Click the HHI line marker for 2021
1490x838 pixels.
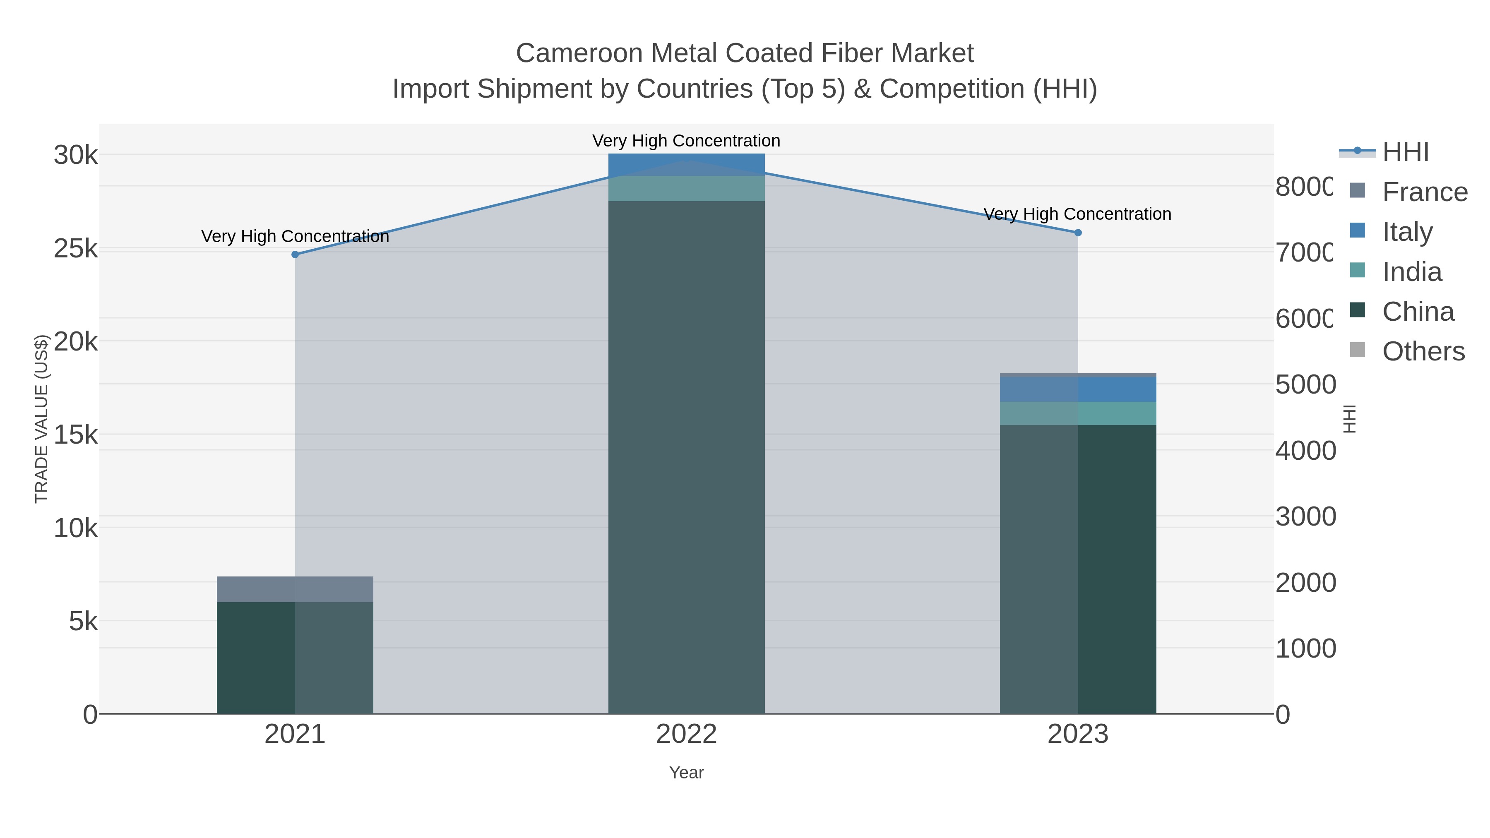[295, 255]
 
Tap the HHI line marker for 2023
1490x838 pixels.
[1078, 233]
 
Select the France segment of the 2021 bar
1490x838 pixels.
[295, 589]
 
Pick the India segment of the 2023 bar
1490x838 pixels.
[1078, 413]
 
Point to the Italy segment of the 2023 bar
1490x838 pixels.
[1078, 389]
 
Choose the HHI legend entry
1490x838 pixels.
[1405, 152]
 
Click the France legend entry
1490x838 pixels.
[1424, 192]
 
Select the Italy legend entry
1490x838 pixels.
[1407, 232]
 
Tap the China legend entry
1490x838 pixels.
[1417, 312]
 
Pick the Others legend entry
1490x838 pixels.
[1423, 352]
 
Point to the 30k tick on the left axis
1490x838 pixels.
[76, 155]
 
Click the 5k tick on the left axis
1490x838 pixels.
[83, 622]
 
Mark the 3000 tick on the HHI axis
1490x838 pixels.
[1305, 516]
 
